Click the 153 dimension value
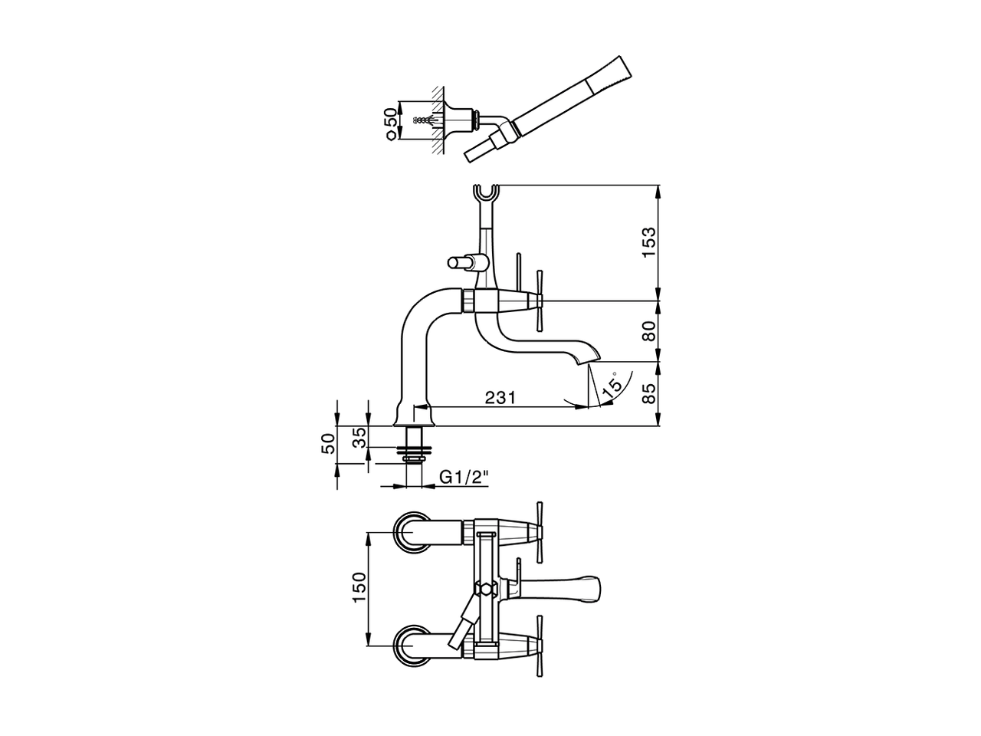coord(649,242)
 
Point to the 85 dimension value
coord(649,393)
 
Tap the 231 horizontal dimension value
coord(499,397)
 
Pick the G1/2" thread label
coord(464,477)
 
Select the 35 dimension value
coord(358,439)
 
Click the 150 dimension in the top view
coord(358,588)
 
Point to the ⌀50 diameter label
coord(392,123)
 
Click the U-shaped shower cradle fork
coord(486,195)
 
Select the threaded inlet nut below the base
coord(415,449)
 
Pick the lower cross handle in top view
coord(540,644)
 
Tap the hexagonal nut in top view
coord(484,590)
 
